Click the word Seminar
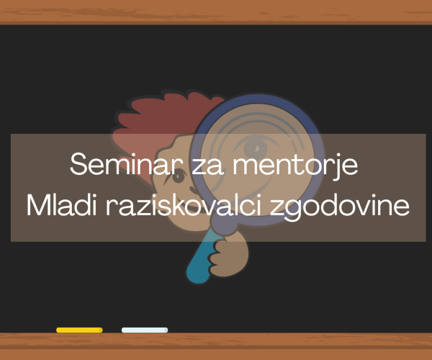click(x=127, y=164)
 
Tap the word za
click(x=207, y=166)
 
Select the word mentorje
click(x=295, y=166)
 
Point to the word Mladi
click(x=61, y=205)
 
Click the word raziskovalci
click(x=184, y=205)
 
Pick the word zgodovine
click(x=340, y=207)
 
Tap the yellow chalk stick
click(x=79, y=330)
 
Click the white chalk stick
click(x=145, y=330)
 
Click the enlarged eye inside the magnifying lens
click(x=256, y=148)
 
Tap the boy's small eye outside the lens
click(x=179, y=176)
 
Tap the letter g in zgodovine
click(x=296, y=211)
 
